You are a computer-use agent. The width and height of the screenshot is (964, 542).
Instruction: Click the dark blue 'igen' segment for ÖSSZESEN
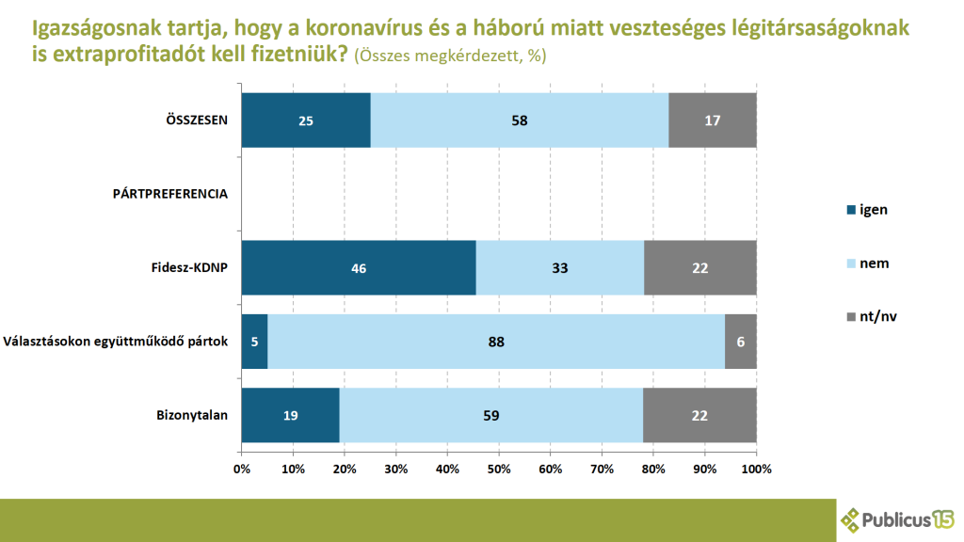(306, 120)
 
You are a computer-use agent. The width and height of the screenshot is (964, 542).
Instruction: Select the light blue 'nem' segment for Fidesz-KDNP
(560, 268)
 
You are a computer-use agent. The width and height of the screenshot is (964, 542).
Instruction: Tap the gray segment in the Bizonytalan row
(699, 415)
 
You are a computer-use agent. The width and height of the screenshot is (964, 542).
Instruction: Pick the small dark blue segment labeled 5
(254, 342)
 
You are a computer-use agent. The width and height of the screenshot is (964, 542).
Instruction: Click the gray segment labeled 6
(741, 342)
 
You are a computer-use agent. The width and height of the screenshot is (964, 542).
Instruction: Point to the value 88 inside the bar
(496, 343)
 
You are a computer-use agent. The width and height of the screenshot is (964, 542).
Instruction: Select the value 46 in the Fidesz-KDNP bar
(359, 268)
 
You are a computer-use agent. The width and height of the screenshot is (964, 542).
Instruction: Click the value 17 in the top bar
(713, 121)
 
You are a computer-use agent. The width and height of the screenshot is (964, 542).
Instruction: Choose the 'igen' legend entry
(867, 210)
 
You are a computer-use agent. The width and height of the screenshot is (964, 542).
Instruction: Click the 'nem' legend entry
(867, 263)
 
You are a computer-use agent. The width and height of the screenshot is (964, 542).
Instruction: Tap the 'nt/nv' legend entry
(872, 316)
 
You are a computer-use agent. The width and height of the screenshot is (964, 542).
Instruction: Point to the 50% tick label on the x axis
(499, 469)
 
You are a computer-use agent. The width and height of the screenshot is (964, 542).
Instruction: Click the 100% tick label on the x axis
(756, 469)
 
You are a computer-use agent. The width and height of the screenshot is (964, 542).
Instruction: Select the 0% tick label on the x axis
(242, 469)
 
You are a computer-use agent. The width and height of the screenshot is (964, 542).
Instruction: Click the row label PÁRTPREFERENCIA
(170, 194)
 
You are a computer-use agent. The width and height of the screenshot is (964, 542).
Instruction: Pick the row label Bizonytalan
(192, 415)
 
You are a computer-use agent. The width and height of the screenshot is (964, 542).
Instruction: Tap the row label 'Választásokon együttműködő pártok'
(116, 342)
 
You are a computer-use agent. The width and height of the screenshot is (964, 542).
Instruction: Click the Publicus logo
(897, 519)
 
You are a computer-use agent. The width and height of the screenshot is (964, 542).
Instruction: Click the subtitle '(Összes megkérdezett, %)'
(450, 56)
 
